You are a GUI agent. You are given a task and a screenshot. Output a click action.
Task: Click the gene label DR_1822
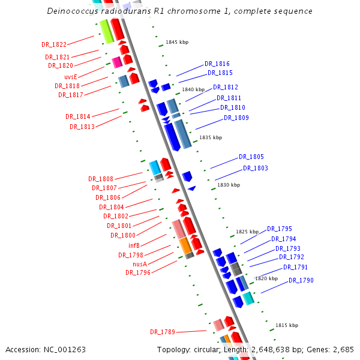tap(54, 44)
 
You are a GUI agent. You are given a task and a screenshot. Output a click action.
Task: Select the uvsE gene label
tap(71, 77)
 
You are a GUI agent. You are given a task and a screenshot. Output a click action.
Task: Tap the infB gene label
tap(134, 245)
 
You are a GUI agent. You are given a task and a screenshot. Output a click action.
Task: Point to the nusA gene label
tap(140, 263)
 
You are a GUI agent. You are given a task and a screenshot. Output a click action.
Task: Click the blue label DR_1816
tap(217, 64)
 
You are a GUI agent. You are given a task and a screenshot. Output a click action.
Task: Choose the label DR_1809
tap(236, 118)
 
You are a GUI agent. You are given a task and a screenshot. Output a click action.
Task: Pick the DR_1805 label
tap(251, 157)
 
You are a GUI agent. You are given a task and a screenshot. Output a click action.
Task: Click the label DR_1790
tap(301, 280)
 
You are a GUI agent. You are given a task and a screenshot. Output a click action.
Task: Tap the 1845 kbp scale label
tap(177, 42)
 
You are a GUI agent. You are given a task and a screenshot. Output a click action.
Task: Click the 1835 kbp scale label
tap(211, 137)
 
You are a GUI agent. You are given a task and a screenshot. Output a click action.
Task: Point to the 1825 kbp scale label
tap(247, 231)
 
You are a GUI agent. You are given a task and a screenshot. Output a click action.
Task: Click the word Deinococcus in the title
tap(72, 11)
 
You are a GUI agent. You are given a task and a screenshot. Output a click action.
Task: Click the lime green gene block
tap(106, 31)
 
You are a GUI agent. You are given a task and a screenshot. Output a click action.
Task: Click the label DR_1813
tap(82, 127)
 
